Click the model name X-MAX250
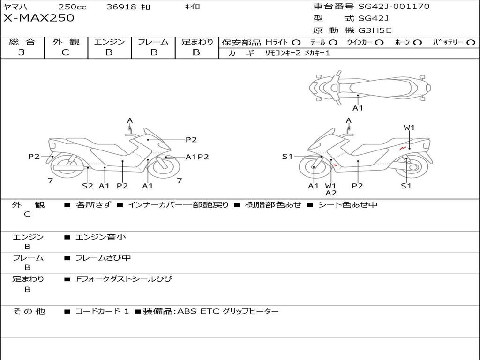pos(38,18)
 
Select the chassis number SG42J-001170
pos(394,6)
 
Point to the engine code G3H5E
pos(375,30)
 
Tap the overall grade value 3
pos(22,52)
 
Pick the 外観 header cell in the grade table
pos(66,42)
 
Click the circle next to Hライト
pos(296,43)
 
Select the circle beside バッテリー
pos(471,43)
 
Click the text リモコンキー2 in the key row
pos(283,53)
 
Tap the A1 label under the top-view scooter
pos(358,108)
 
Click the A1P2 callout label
pos(197,157)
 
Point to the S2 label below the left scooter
pos(88,186)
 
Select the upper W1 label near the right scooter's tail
pos(409,127)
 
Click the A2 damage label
pos(331,193)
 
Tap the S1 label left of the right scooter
pos(287,157)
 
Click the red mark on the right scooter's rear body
pos(403,149)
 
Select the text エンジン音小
pos(101,237)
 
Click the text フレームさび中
pos(103,258)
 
